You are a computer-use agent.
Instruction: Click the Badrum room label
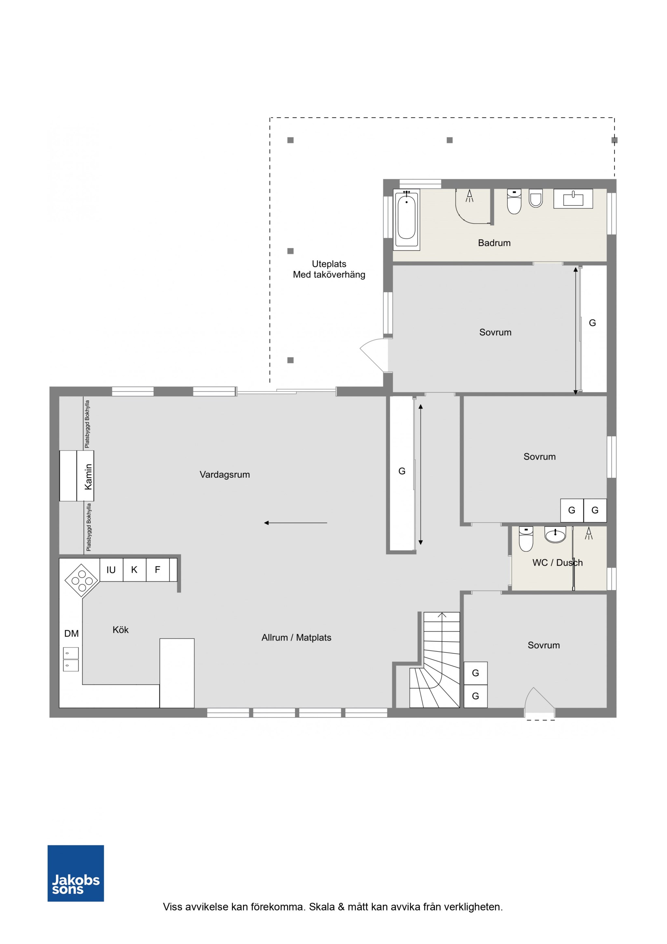point(494,243)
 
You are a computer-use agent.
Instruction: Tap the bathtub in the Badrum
point(406,220)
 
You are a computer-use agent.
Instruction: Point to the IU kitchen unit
point(111,570)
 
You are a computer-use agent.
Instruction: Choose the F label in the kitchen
point(157,570)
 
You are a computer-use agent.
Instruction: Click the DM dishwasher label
point(72,633)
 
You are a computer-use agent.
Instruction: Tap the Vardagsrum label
point(225,474)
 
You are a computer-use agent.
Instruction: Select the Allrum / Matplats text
point(296,638)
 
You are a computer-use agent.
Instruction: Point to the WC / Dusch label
point(557,563)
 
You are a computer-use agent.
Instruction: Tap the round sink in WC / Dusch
point(555,535)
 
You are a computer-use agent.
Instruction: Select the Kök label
point(121,630)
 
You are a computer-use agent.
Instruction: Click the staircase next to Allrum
point(435,660)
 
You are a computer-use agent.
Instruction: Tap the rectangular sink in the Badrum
point(573,199)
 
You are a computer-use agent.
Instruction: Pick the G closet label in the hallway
point(402,471)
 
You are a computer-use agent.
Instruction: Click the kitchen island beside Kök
point(177,673)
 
